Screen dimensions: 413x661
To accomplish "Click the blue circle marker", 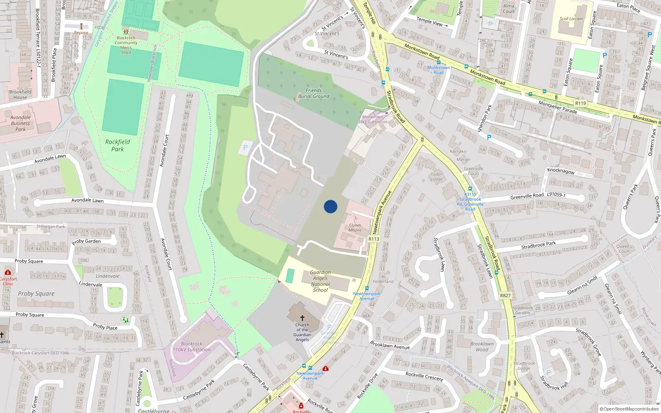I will [330, 206].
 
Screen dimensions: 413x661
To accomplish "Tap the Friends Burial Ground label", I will [314, 93].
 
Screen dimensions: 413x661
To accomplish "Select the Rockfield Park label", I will [117, 145].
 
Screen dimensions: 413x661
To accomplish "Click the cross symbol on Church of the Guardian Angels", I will [302, 318].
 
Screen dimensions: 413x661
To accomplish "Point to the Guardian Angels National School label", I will [321, 281].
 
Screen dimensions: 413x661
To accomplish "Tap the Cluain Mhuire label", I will [355, 228].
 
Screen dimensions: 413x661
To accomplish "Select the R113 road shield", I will [374, 239].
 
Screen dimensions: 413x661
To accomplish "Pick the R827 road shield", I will [505, 295].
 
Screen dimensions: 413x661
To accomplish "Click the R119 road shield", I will [580, 103].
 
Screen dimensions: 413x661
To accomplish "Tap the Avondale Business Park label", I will [20, 123].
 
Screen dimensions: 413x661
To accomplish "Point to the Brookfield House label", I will [20, 95].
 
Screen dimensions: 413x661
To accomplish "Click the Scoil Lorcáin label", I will [571, 19].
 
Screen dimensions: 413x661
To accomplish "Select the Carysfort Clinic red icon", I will [7, 272].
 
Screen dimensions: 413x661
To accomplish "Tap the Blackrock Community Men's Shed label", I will [126, 45].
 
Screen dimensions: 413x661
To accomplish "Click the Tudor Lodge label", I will [436, 177].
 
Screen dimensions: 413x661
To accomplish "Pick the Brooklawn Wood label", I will [482, 347].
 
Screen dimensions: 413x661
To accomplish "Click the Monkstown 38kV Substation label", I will [373, 119].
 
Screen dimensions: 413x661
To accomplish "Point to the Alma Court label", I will [509, 9].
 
